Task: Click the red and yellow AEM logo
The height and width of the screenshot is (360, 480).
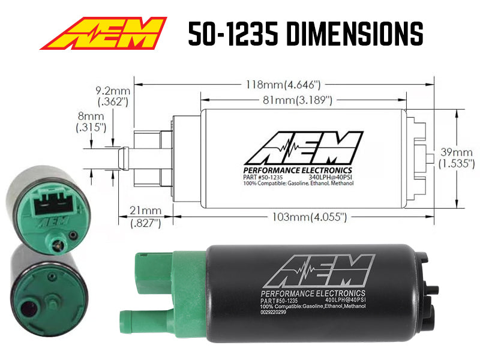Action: [103, 34]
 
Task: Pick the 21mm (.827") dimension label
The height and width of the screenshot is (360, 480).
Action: [146, 217]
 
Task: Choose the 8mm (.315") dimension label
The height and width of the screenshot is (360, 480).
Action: [91, 121]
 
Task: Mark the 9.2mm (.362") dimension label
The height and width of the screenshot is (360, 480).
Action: [112, 97]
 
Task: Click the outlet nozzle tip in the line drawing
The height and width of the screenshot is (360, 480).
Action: [122, 158]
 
